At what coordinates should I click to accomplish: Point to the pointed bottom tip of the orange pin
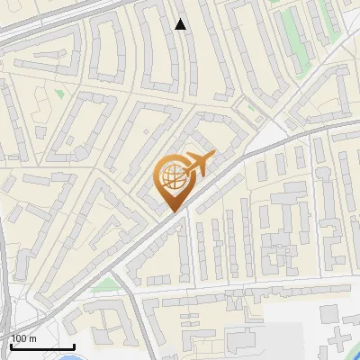point(172,212)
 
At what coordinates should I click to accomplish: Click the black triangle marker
point(181,24)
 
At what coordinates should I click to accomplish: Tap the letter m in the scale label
point(33,338)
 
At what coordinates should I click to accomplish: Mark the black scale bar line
point(41,346)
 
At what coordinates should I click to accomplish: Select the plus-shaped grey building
point(339,341)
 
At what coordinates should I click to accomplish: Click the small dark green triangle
point(59,93)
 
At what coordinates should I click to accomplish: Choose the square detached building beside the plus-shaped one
point(329,312)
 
